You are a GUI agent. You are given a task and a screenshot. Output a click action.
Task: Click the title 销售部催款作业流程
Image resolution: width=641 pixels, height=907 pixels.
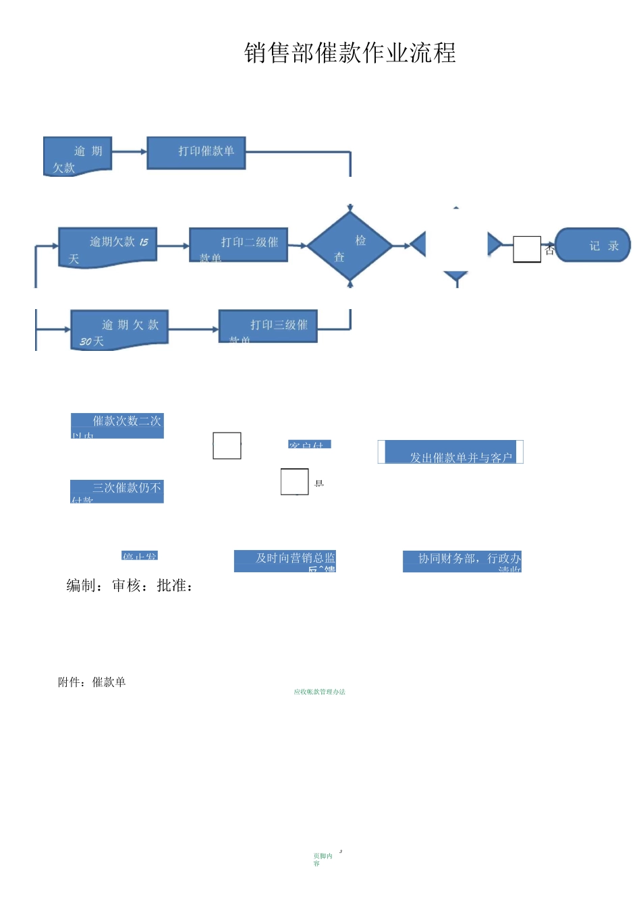click(x=350, y=53)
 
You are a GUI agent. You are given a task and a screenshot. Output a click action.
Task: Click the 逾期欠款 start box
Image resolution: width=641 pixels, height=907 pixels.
click(x=77, y=157)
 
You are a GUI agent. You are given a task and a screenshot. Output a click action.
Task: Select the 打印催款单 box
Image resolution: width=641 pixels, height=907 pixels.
click(x=196, y=153)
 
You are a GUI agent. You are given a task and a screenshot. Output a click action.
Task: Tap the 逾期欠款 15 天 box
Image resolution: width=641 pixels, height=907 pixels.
click(x=108, y=247)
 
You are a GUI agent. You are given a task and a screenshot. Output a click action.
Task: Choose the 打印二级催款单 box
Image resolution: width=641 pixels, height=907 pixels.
click(x=239, y=245)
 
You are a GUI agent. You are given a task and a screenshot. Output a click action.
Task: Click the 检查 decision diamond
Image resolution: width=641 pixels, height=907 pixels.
click(x=350, y=247)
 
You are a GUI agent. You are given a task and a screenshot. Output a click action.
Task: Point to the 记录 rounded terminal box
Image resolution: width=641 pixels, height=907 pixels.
click(x=592, y=245)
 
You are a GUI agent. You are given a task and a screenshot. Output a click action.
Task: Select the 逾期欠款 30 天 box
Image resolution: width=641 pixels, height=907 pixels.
click(x=119, y=330)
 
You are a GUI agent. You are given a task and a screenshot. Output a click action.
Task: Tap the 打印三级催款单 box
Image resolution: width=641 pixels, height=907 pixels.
click(x=268, y=327)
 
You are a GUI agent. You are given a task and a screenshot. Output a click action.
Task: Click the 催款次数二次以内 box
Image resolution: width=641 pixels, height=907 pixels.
click(x=117, y=426)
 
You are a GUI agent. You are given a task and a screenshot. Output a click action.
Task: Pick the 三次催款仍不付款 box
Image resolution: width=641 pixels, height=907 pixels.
click(x=117, y=491)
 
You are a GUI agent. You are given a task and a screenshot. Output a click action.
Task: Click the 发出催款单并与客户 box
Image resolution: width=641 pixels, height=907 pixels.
click(x=450, y=452)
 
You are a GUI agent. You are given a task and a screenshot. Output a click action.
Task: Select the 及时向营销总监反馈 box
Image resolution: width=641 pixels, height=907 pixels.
click(x=285, y=561)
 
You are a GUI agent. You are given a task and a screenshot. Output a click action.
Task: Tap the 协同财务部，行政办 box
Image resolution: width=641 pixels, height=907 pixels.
click(x=462, y=561)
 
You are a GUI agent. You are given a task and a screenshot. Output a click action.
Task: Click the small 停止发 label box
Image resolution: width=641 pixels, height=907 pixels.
click(x=140, y=556)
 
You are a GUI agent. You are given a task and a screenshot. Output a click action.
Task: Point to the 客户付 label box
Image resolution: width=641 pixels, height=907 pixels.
click(x=310, y=444)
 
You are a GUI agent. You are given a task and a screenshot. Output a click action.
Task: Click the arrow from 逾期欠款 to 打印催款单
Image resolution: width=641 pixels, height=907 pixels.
click(x=129, y=152)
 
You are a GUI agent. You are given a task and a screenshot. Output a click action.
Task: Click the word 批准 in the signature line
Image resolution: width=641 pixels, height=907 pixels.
click(x=171, y=586)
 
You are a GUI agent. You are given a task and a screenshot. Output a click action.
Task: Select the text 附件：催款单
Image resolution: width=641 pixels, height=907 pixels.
click(x=92, y=682)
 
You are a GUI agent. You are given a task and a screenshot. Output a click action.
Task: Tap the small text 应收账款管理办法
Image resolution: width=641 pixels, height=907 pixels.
click(x=319, y=692)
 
